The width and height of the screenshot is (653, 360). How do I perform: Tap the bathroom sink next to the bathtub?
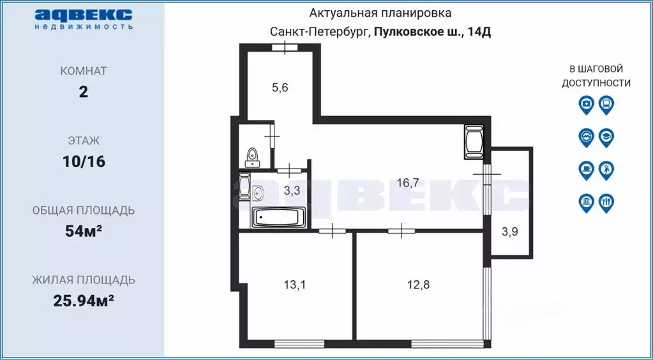pos(259,191)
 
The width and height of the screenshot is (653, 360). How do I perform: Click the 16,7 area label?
pos(408,183)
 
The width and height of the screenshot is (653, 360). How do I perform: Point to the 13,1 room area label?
pos(294,285)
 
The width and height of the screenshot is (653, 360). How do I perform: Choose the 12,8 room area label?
pos(418,285)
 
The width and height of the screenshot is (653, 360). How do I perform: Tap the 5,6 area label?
pos(280,88)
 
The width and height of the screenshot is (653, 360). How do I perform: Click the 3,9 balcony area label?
pos(509,232)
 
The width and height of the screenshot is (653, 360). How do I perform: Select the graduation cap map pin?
pos(606,137)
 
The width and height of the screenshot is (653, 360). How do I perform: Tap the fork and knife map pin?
pos(606,203)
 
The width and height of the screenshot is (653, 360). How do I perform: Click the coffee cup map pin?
pos(586,170)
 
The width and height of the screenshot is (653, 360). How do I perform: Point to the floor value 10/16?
pos(84,161)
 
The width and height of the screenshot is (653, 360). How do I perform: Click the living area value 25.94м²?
pos(84,300)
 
